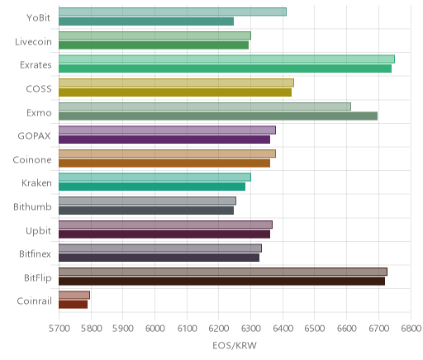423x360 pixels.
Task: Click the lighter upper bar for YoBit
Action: click(173, 12)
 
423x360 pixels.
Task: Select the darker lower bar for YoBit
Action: click(146, 21)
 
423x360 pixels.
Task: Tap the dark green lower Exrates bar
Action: click(225, 69)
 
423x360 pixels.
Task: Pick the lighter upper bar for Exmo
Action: click(205, 107)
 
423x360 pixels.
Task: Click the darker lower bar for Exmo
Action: click(218, 116)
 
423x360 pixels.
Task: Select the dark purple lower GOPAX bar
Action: click(164, 140)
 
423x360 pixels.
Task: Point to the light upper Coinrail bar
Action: click(74, 295)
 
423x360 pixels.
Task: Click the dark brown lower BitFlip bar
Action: click(221, 282)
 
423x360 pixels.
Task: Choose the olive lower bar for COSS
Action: click(175, 92)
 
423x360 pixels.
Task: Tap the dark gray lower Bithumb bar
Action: click(146, 211)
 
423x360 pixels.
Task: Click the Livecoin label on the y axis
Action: click(33, 42)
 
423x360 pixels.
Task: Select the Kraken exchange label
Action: click(36, 183)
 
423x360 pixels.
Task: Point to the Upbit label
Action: click(38, 231)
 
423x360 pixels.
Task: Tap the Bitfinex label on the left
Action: click(35, 253)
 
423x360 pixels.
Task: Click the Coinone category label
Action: click(32, 160)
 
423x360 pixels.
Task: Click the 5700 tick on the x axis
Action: click(59, 329)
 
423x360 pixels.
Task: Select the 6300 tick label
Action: click(250, 329)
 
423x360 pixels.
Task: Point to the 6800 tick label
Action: click(411, 329)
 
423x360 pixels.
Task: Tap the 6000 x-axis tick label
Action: click(154, 329)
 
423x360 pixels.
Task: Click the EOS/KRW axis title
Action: click(235, 345)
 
